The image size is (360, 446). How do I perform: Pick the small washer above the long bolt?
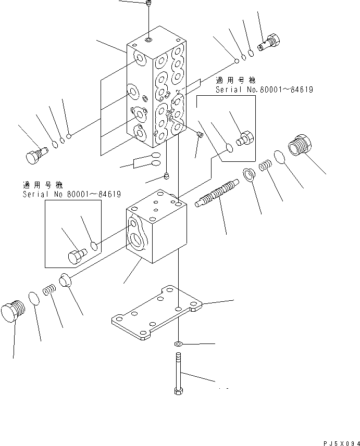178,344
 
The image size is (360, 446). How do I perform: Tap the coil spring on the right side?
265,167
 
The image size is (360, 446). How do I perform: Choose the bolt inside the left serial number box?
77,255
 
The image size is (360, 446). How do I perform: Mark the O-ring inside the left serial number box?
94,245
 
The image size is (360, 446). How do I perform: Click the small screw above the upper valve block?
149,5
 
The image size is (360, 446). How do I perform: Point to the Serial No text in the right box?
264,90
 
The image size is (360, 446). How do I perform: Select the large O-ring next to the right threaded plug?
279,156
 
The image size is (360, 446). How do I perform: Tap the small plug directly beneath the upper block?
166,175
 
